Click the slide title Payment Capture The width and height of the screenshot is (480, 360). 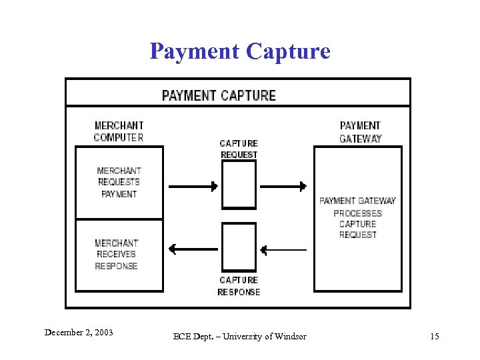[x=240, y=51]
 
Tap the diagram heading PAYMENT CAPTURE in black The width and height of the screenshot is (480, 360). [x=219, y=95]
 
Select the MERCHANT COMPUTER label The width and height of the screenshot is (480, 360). [x=119, y=131]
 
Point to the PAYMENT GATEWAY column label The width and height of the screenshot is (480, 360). [x=360, y=132]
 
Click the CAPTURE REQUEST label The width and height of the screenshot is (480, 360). [x=239, y=149]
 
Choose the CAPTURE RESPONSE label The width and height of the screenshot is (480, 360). [x=239, y=286]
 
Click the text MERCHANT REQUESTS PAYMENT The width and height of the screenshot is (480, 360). [x=119, y=182]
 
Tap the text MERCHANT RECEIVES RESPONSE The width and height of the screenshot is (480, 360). [x=117, y=254]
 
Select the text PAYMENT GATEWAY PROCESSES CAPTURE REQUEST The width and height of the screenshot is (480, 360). [x=357, y=217]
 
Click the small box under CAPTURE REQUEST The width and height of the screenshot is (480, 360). [x=239, y=185]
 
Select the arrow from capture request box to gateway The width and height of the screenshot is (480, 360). [x=283, y=186]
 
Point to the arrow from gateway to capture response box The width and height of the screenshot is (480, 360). [x=283, y=250]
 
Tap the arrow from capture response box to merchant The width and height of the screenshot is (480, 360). [x=193, y=249]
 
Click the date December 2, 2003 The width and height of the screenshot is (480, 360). [x=78, y=332]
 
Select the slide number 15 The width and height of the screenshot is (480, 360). [x=435, y=337]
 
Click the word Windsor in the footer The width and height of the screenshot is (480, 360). [x=291, y=337]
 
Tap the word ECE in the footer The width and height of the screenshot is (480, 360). [x=182, y=337]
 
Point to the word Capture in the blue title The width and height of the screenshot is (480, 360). [x=288, y=51]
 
